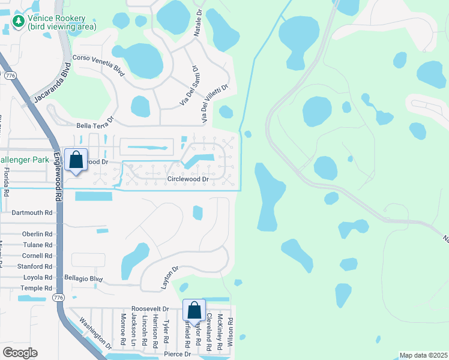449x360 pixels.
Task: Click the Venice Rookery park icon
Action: [19, 22]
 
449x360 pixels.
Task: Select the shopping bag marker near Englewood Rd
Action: [76, 161]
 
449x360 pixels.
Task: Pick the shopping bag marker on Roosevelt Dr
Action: [194, 311]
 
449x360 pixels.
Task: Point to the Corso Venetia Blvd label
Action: [98, 65]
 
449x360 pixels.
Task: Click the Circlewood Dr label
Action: [188, 179]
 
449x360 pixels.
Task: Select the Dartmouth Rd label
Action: [32, 212]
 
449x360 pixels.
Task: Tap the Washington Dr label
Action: [97, 333]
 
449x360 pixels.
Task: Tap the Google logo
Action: [20, 352]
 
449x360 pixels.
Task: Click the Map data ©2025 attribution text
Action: [423, 355]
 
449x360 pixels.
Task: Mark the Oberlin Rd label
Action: [37, 234]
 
